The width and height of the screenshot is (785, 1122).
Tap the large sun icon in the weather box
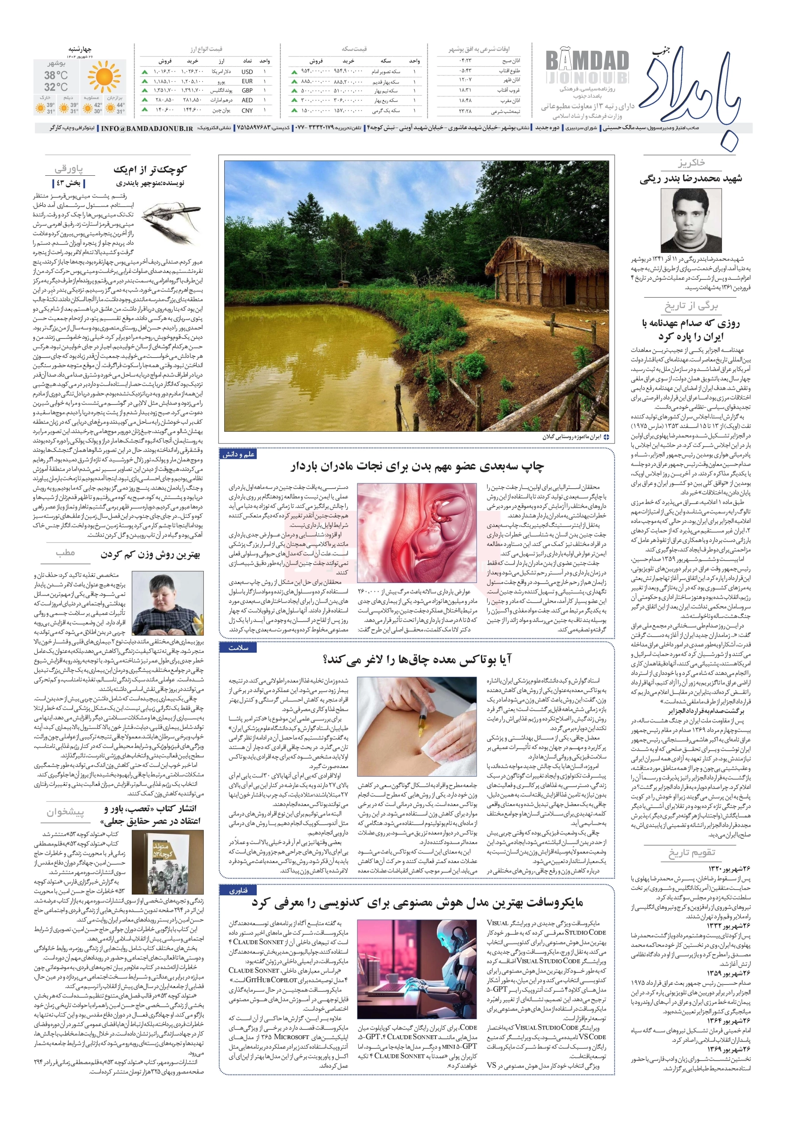click(103, 77)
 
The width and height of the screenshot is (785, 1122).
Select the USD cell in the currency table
click(247, 71)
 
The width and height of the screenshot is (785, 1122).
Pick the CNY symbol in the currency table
click(247, 110)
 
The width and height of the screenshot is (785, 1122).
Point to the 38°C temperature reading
click(56, 75)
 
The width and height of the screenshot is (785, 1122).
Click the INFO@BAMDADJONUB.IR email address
click(147, 128)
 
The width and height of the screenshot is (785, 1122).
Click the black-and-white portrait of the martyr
click(690, 220)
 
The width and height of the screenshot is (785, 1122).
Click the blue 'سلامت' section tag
click(238, 648)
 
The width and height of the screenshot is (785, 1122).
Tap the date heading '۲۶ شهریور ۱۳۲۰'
click(729, 868)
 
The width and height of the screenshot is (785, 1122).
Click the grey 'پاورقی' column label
click(69, 169)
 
